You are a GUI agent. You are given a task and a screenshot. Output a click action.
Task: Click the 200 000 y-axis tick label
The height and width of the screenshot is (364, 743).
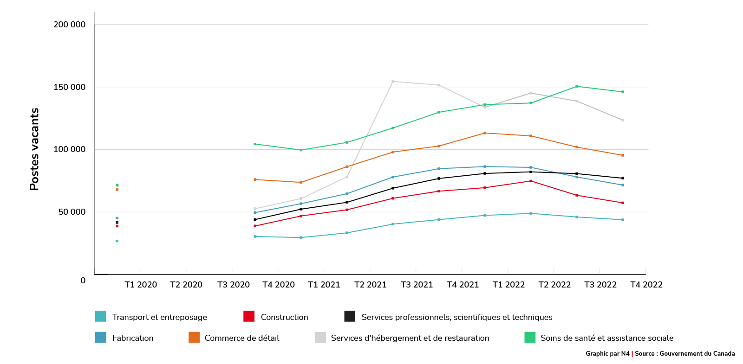(x=70, y=25)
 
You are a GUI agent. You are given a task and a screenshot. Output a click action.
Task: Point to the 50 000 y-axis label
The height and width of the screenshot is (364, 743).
(x=72, y=212)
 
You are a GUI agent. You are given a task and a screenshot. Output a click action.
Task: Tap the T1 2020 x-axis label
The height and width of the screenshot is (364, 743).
(x=141, y=285)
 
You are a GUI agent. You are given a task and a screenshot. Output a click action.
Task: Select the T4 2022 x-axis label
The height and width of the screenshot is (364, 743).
(x=646, y=285)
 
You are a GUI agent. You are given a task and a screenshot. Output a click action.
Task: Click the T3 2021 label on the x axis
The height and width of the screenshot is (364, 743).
(x=417, y=285)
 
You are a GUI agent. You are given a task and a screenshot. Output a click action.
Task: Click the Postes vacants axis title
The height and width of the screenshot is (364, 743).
(x=34, y=149)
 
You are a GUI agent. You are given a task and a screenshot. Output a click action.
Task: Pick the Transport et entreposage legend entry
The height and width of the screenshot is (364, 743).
(x=159, y=317)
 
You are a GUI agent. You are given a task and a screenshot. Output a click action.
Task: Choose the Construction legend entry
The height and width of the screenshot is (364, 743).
(x=284, y=317)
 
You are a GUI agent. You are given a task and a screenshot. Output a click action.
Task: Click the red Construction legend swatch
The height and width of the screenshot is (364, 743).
(x=249, y=316)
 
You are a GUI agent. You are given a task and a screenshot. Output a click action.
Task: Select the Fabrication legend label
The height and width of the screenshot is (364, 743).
(x=133, y=338)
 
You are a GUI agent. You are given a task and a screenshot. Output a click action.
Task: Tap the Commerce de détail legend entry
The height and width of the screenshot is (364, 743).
(x=242, y=338)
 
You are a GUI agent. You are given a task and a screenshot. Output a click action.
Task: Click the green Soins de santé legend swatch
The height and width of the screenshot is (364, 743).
(x=530, y=337)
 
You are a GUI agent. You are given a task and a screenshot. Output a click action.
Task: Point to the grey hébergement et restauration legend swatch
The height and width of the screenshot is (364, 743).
(x=320, y=337)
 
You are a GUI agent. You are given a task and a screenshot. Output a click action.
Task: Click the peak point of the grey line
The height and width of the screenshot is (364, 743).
(x=393, y=82)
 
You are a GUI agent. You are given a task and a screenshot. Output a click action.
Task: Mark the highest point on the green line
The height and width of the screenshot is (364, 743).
(x=577, y=86)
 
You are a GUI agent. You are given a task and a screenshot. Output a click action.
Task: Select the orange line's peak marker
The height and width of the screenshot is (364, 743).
(x=485, y=133)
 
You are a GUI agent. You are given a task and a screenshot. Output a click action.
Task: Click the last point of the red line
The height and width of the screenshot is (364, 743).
(x=623, y=203)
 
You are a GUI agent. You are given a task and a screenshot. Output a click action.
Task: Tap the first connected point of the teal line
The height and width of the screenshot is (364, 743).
(x=255, y=236)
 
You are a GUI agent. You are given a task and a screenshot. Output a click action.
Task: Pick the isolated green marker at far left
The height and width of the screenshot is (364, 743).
(x=117, y=185)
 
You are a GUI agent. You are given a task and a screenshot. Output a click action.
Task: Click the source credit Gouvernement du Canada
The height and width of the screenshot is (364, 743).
(x=697, y=353)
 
